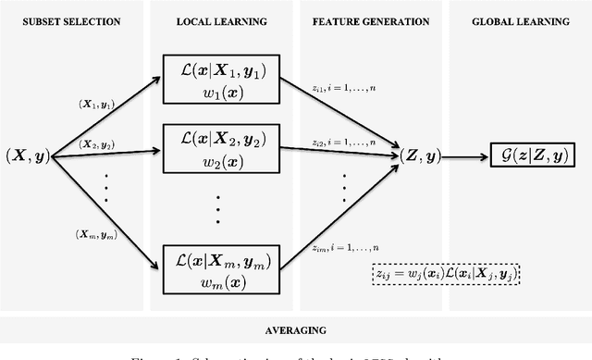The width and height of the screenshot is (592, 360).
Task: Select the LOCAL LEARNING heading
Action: click(x=216, y=19)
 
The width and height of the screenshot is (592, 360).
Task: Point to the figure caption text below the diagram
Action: click(x=295, y=354)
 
